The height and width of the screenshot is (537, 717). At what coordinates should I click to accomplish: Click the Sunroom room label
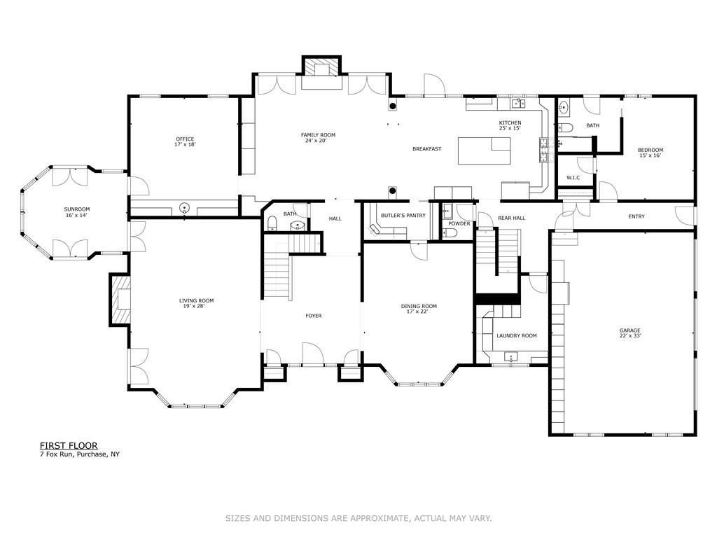(77, 212)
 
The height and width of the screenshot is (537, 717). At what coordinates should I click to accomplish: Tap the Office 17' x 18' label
(185, 142)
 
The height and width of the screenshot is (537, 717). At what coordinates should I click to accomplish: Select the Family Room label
(319, 138)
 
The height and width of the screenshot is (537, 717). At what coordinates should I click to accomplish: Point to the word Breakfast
(427, 149)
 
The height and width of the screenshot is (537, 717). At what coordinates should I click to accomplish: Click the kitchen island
(485, 151)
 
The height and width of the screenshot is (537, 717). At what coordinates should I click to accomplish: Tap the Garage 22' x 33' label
(630, 333)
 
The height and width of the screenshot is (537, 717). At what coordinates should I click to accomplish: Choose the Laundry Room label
(517, 336)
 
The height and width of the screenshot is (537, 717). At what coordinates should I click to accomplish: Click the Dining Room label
(419, 309)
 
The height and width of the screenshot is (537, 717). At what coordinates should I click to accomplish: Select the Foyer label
(314, 316)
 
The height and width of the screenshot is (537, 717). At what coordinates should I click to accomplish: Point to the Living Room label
(197, 304)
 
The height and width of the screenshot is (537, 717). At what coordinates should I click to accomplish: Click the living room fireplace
(120, 300)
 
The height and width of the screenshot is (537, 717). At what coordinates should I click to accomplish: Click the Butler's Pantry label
(403, 216)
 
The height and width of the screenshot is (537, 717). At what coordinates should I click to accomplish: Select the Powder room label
(459, 223)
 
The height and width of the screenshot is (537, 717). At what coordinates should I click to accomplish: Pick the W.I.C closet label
(573, 178)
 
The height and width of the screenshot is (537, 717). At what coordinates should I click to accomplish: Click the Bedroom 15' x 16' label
(650, 153)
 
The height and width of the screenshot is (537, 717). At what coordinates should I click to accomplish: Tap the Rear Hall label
(512, 218)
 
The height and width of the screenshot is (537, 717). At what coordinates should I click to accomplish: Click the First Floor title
(69, 446)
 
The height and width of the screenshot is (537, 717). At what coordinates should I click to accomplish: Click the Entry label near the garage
(636, 217)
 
